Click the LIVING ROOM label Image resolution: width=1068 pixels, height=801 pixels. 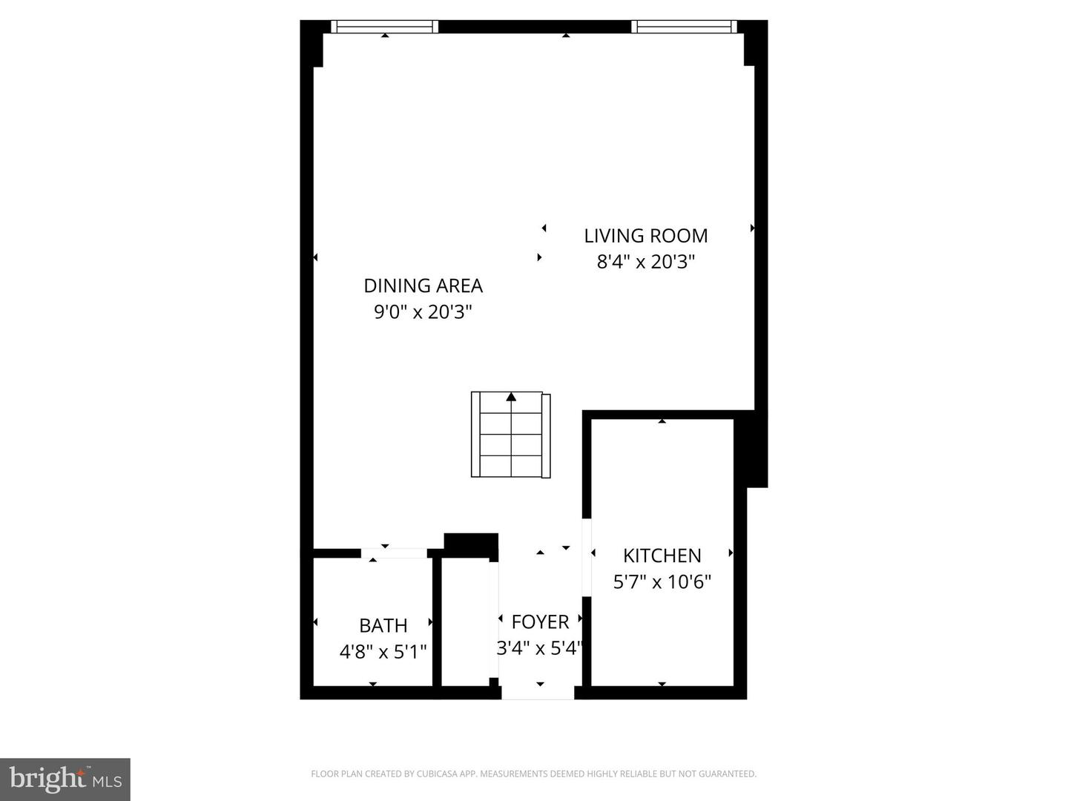tap(646, 236)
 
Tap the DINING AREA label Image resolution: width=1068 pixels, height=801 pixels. tap(423, 286)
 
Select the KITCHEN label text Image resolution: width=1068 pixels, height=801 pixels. tap(662, 556)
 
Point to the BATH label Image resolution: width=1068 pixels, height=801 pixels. tap(383, 625)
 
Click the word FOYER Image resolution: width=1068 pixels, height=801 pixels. tap(540, 622)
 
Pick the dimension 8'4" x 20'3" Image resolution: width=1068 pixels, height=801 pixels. tap(646, 262)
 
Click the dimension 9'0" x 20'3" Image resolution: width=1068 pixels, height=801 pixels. tap(423, 311)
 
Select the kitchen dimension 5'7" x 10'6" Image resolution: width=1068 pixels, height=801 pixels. tap(662, 581)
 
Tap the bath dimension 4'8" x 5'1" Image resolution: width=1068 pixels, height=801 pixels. tap(383, 652)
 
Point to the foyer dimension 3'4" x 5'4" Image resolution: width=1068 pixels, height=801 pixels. tap(540, 648)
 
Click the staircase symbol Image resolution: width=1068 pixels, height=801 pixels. tap(510, 435)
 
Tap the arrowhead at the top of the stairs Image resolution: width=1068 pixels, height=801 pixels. tap(511, 397)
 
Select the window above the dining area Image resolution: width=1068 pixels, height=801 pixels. tap(384, 27)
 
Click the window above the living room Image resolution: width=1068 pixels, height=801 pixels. tap(684, 27)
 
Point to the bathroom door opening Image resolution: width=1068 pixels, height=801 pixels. tap(394, 553)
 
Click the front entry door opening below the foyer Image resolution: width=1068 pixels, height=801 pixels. tap(538, 693)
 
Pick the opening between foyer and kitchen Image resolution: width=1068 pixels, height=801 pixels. tap(587, 557)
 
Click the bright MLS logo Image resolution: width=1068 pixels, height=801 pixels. tap(65, 779)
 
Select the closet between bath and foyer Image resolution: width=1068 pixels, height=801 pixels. tap(465, 622)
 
